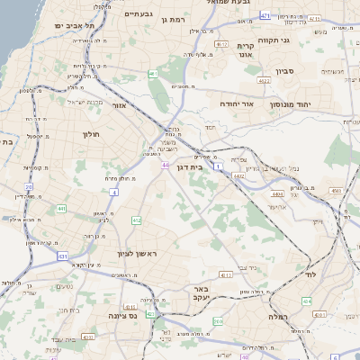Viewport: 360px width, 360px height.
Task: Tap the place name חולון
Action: [x=91, y=134]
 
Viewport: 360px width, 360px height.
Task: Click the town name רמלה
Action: [x=276, y=317]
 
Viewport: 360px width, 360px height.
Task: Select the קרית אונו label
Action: [x=247, y=50]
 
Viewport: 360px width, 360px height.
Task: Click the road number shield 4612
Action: [x=221, y=43]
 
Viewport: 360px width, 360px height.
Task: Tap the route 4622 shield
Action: [x=265, y=81]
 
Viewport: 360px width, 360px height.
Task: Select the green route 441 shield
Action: [x=61, y=209]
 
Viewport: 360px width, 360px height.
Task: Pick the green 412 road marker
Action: [x=136, y=220]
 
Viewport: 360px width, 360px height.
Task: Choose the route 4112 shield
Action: [x=226, y=274]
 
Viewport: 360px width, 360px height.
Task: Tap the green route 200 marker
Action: [x=218, y=321]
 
